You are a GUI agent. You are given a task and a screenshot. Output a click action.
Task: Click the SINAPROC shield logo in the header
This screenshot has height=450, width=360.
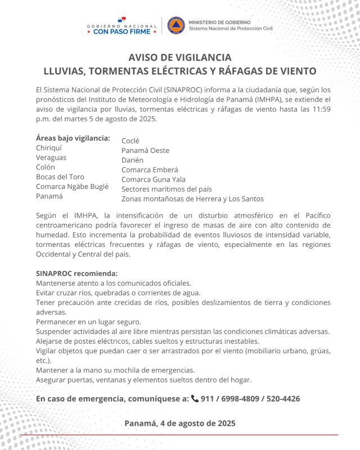coord(176,25)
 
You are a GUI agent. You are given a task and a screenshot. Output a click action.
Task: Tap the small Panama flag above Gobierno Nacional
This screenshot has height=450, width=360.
coord(121,20)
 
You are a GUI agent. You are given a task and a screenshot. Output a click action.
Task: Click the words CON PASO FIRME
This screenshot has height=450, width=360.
coord(121,31)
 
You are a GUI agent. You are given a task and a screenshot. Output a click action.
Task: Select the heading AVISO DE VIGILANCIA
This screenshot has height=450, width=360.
coord(180,57)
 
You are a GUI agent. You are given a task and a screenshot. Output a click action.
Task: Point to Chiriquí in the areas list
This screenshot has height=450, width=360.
coord(49,147)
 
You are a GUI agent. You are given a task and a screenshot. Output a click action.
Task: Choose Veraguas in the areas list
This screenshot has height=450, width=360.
coord(52,157)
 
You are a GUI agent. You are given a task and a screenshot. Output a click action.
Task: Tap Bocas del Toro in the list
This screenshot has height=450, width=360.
coord(61,177)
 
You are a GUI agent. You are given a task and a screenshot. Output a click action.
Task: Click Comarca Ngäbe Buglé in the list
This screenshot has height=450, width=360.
coord(72,186)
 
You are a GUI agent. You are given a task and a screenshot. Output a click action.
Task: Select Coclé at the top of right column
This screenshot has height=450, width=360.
coord(130,141)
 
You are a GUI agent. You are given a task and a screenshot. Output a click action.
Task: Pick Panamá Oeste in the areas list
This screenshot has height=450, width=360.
coord(145,150)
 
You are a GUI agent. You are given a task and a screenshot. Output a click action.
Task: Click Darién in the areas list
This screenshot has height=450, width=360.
coord(133,160)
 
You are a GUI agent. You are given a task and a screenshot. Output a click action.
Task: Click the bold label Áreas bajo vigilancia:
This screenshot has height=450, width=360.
coord(73,138)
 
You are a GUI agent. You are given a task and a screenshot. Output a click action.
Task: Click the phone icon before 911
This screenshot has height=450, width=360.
coord(195,399)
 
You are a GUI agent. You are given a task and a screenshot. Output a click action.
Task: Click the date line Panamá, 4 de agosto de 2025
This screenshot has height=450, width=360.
coord(180,423)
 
